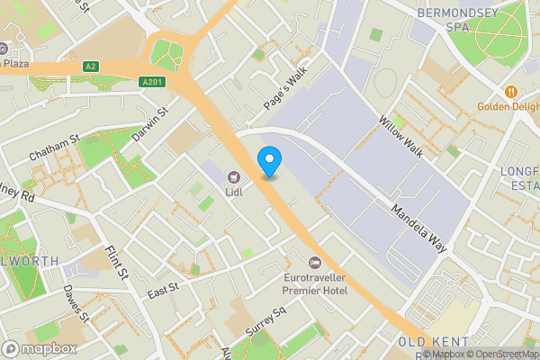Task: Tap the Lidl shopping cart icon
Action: click(233, 176)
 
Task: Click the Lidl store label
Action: click(233, 191)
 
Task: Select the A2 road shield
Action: click(90, 67)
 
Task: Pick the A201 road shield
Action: click(152, 82)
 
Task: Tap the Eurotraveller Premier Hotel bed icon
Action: click(314, 262)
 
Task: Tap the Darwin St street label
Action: click(150, 125)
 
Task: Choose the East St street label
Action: click(164, 289)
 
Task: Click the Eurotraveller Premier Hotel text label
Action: click(315, 283)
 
